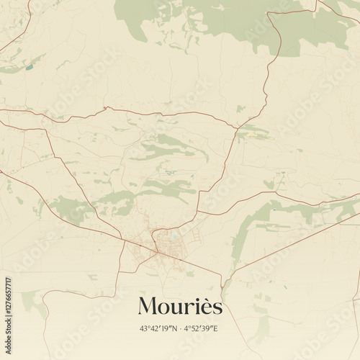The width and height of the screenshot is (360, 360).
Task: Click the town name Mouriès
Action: (180, 306)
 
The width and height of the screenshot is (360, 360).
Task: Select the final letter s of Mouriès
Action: (217, 308)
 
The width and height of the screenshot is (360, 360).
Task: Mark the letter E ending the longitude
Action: (216, 329)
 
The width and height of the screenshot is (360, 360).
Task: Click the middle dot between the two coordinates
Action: (181, 329)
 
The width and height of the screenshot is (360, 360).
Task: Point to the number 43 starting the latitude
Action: (144, 329)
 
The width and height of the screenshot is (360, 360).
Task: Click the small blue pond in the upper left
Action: (30, 68)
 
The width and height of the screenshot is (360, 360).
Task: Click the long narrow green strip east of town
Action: (248, 230)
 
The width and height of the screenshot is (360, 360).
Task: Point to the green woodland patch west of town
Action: (68, 208)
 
